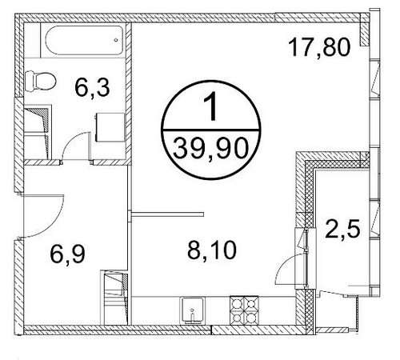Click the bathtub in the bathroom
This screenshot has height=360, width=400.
[x=84, y=40]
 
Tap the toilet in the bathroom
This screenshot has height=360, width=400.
[x=41, y=81]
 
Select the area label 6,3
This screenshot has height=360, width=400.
[x=92, y=88]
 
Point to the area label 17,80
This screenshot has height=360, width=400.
[x=319, y=47]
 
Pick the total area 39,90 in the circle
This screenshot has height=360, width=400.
[x=211, y=149]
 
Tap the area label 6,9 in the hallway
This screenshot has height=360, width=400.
[x=67, y=254]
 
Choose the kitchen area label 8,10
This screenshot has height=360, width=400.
[x=212, y=250]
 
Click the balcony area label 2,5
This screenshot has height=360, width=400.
[x=342, y=228]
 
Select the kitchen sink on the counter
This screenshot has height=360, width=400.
[x=194, y=310]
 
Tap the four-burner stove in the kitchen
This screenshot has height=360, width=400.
[x=244, y=310]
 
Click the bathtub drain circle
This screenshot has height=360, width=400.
[x=116, y=40]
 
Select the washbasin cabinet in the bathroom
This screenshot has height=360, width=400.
[x=110, y=127]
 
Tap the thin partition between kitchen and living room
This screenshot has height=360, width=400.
[x=168, y=214]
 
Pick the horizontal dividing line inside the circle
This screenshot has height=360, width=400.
[x=211, y=130]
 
